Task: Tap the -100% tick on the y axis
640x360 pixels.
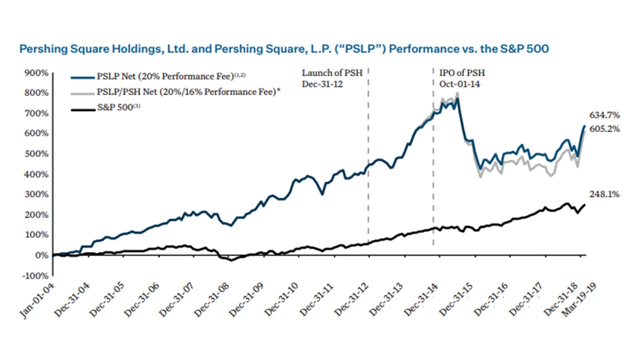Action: pyautogui.click(x=37, y=275)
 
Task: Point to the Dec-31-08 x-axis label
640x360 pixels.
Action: pyautogui.click(x=210, y=298)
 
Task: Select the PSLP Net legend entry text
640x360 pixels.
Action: pyautogui.click(x=170, y=76)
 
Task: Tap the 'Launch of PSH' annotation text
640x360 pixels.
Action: pyautogui.click(x=325, y=73)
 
